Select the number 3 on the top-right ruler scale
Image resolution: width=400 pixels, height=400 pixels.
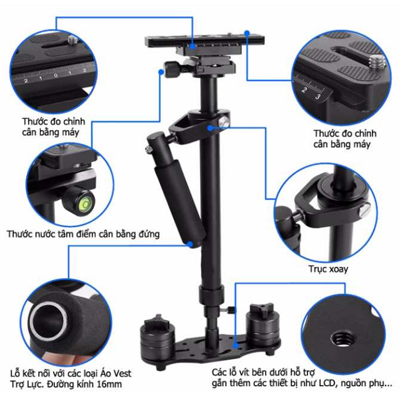point(317,97)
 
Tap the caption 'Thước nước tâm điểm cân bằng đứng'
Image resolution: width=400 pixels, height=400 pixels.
point(83,234)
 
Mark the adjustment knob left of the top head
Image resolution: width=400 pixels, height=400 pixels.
point(171,67)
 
